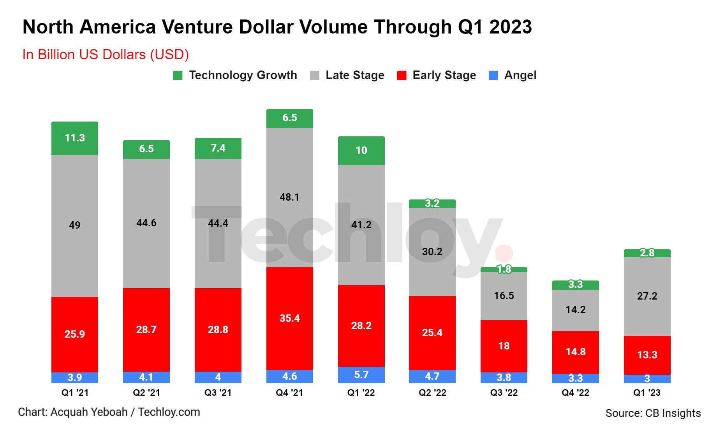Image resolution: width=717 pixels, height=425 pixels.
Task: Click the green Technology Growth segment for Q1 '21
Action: click(x=75, y=138)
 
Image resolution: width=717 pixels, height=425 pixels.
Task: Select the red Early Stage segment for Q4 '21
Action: click(x=289, y=318)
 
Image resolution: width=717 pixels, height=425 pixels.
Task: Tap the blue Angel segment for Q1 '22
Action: click(x=361, y=375)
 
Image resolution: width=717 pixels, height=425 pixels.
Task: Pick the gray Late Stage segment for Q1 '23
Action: click(x=647, y=296)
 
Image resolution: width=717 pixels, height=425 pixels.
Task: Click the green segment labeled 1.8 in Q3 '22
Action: click(x=504, y=270)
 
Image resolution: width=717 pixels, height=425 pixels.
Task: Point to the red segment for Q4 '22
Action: click(x=575, y=352)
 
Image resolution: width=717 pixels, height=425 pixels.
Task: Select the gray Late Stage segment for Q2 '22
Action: click(x=432, y=252)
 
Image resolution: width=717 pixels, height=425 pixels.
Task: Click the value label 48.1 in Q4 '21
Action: click(x=289, y=197)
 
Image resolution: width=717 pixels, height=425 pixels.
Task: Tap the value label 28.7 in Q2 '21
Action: click(x=146, y=330)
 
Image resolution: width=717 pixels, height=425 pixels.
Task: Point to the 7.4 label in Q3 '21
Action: click(x=218, y=148)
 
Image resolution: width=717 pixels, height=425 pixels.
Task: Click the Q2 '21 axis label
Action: click(x=146, y=393)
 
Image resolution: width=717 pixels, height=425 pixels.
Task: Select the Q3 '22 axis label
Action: click(x=504, y=393)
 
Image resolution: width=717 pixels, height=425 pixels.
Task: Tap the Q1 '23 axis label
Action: click(x=647, y=393)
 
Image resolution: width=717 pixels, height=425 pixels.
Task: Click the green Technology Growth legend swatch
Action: click(x=178, y=76)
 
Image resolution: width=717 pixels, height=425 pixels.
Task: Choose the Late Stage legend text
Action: click(x=355, y=75)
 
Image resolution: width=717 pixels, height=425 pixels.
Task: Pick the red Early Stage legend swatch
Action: click(x=402, y=76)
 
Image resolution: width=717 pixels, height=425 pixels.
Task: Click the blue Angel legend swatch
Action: click(x=493, y=76)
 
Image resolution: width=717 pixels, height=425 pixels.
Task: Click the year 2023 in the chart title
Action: click(x=510, y=27)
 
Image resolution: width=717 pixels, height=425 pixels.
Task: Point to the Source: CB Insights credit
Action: click(x=653, y=413)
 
